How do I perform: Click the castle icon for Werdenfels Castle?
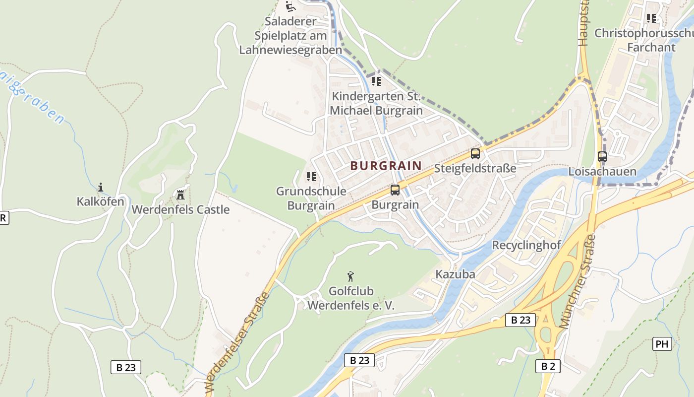pos(180,195)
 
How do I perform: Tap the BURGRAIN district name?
pos(386,166)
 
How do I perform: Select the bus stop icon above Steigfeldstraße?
pos(475,154)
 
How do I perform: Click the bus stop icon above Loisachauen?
pos(602,157)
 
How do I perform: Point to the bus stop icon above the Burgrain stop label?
pos(395,190)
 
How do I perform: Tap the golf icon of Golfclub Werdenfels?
pos(351,276)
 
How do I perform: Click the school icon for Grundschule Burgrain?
pos(311,177)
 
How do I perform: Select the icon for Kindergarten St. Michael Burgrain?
pos(376,81)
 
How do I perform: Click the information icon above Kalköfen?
pos(101,187)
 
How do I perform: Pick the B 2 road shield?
pos(548,366)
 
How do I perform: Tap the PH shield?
pos(662,344)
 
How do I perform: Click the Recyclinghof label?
pos(526,245)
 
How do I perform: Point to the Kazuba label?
pos(455,274)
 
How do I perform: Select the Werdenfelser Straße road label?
pos(236,342)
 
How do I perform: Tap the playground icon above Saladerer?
pos(290,7)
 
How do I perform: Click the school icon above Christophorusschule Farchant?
pos(651,18)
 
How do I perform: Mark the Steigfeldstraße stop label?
pos(475,168)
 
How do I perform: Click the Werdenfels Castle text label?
pos(180,209)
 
